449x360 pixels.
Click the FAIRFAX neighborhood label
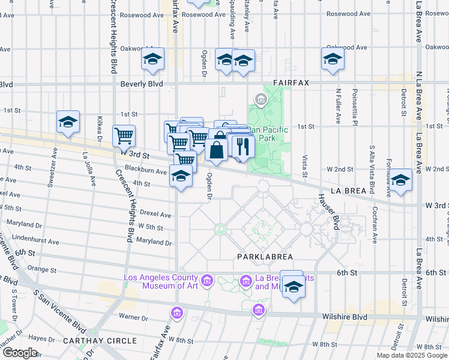pyautogui.click(x=291, y=83)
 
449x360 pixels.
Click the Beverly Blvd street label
pyautogui.click(x=142, y=85)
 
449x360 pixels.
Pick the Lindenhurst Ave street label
pyautogui.click(x=37, y=242)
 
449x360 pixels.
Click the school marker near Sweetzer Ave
pyautogui.click(x=68, y=122)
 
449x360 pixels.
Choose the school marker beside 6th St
pyautogui.click(x=294, y=287)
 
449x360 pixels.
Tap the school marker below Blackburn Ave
pyautogui.click(x=181, y=176)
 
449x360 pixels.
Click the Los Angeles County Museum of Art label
pyautogui.click(x=161, y=281)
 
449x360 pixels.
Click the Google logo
pyautogui.click(x=20, y=352)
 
